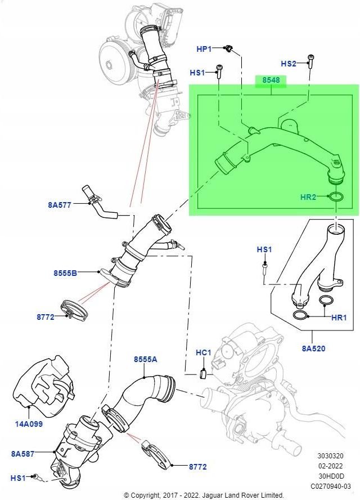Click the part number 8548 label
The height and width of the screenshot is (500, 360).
click(x=271, y=81)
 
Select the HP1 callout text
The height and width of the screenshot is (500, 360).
click(x=204, y=50)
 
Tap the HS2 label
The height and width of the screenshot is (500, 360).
click(x=288, y=64)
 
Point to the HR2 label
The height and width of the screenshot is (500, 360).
click(x=308, y=197)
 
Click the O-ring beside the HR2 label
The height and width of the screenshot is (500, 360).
click(x=336, y=197)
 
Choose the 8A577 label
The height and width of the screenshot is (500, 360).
click(x=60, y=205)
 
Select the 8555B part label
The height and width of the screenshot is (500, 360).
click(x=65, y=273)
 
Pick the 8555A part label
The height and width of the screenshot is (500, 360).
click(x=145, y=359)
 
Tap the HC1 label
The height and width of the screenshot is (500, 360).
click(x=203, y=353)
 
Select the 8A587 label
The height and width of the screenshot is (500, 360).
click(x=22, y=452)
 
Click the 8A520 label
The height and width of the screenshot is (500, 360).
click(x=314, y=349)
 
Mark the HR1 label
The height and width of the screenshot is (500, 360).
click(x=339, y=318)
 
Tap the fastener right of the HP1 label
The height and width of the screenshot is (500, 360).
click(x=229, y=50)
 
